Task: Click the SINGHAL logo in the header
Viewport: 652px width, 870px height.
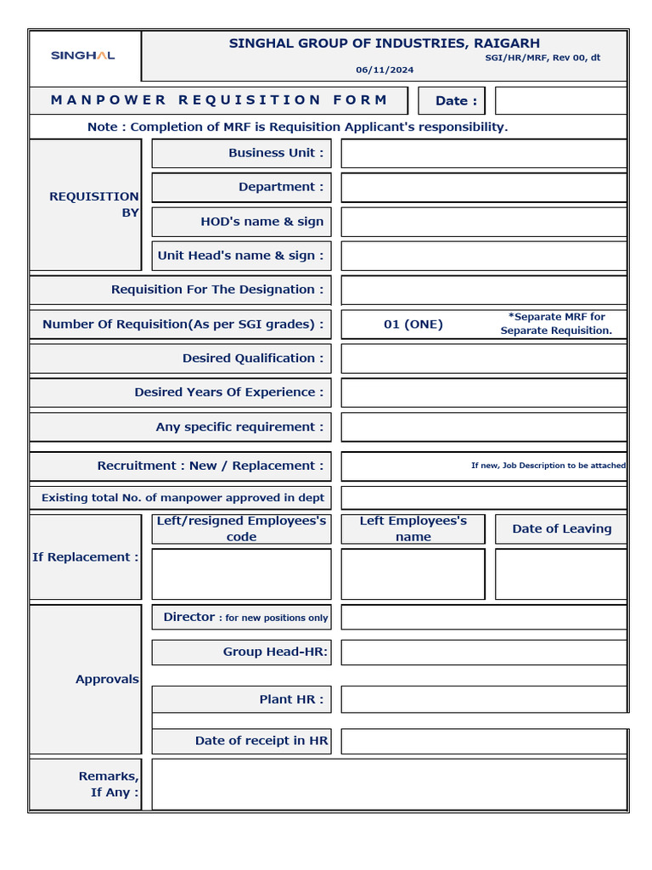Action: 83,55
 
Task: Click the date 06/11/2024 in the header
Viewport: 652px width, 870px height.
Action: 385,70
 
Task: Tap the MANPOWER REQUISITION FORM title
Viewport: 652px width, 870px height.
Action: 219,100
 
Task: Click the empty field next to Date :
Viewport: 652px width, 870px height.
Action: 560,100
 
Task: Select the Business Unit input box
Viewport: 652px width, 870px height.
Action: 483,154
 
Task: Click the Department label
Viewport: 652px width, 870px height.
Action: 280,187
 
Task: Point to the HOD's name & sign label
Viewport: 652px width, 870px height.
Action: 261,222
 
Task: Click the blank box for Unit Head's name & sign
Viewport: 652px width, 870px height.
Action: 483,256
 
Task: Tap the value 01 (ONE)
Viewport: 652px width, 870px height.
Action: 413,324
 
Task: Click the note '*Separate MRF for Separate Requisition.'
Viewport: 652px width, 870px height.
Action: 556,324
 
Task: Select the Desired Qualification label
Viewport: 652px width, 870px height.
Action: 252,359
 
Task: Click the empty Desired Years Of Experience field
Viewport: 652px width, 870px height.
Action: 483,393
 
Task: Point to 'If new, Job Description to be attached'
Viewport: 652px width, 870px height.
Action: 548,466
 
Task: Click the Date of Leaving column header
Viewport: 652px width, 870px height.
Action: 561,528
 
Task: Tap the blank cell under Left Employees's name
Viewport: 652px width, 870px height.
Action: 413,574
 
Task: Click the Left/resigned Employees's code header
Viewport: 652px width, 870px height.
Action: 241,528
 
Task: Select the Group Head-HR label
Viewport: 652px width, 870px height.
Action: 275,652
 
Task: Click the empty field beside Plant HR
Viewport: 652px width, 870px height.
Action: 483,699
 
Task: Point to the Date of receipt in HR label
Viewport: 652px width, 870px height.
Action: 261,741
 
